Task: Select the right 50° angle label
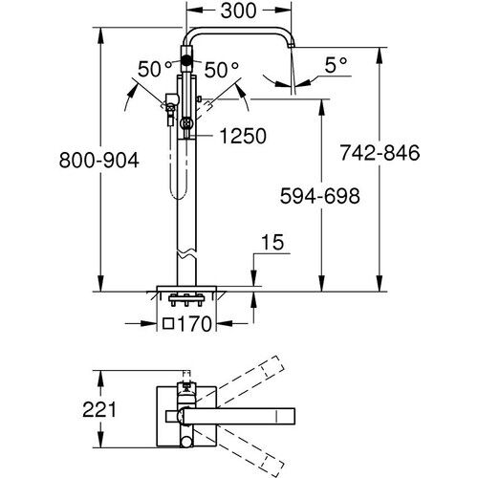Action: tap(223, 71)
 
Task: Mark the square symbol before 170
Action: tap(168, 324)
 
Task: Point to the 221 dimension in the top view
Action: tap(98, 410)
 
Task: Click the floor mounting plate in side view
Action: tap(188, 286)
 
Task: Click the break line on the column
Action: tap(187, 257)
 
